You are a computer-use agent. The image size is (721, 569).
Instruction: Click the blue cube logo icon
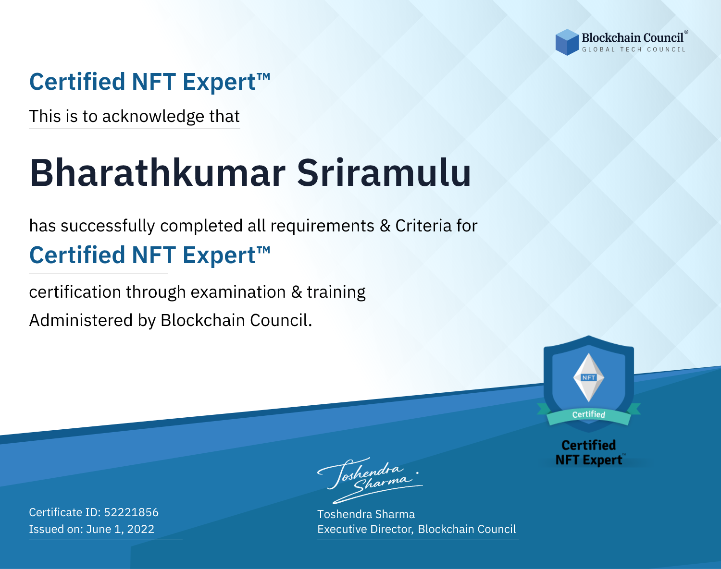point(567,42)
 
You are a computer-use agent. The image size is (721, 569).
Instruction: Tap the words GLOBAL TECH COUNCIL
point(634,49)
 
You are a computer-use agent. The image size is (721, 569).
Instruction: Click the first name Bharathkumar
point(158,173)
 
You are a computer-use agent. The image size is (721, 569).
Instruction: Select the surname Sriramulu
point(384,173)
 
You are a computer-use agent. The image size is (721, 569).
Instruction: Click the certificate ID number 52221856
point(131,512)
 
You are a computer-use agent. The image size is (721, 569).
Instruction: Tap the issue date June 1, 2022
point(120,529)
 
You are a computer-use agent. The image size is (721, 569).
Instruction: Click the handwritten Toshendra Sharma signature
point(370,480)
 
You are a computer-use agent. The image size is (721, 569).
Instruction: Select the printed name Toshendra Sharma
point(366,514)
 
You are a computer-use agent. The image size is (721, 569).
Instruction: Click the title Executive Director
point(365,529)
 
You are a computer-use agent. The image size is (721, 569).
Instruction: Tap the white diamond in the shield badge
point(589,377)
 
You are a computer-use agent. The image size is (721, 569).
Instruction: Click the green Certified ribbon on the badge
point(589,414)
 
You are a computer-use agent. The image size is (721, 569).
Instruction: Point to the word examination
point(238,292)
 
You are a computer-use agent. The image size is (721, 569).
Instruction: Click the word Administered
point(81,320)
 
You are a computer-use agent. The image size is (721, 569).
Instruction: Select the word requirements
point(323,226)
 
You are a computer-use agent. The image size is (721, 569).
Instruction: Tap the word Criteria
point(423,226)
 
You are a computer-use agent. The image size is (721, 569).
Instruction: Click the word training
point(336,292)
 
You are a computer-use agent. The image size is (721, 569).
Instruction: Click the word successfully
point(108,226)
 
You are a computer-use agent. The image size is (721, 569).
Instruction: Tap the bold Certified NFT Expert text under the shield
point(589,452)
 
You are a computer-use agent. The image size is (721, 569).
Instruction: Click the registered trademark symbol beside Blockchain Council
point(686,32)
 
